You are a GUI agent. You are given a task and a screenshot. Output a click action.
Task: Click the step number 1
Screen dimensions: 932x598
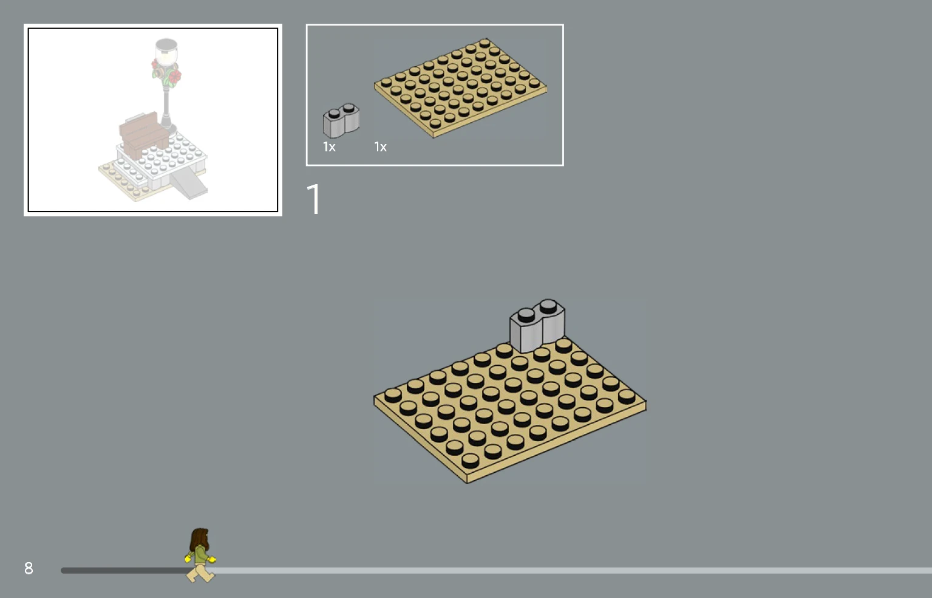[314, 199]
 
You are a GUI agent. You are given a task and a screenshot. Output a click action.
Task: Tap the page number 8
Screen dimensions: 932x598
[29, 568]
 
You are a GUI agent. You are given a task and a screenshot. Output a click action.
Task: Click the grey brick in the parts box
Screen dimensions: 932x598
[341, 120]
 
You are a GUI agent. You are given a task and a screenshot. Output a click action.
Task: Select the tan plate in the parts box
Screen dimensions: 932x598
[460, 88]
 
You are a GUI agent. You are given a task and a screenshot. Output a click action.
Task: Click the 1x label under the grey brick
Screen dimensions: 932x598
[329, 146]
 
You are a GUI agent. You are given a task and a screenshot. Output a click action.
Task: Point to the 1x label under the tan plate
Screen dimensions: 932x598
[380, 146]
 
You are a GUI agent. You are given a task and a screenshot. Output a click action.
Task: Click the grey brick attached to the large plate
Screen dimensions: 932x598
[537, 326]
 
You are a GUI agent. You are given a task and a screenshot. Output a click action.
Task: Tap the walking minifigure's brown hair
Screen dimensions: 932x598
[199, 540]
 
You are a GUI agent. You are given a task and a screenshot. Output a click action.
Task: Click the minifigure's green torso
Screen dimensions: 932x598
[200, 554]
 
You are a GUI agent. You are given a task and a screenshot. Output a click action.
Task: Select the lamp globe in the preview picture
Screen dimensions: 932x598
[166, 54]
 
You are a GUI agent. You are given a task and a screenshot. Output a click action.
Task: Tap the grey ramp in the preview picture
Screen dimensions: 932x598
[188, 184]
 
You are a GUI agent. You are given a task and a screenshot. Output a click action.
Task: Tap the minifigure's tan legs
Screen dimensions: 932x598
[200, 572]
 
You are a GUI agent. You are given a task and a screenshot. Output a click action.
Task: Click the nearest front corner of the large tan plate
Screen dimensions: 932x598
[466, 483]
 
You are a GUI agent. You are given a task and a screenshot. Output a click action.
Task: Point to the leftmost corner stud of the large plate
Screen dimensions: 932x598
[393, 395]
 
